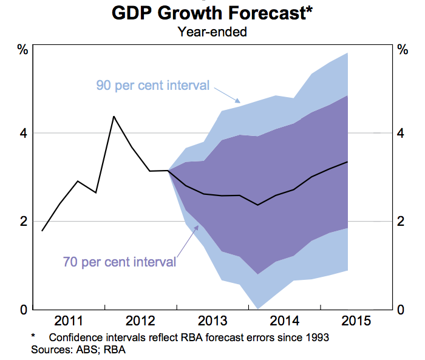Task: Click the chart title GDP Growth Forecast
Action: tap(212, 13)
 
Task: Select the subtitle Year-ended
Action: tap(212, 32)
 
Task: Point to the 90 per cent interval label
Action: tap(152, 85)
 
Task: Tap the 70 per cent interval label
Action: tap(120, 262)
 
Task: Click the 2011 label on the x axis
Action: tap(69, 321)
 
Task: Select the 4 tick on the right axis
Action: tap(401, 133)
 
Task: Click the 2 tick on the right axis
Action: tap(401, 222)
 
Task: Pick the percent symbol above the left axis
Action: tap(22, 50)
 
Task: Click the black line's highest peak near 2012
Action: tap(114, 116)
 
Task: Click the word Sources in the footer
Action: tap(49, 349)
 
